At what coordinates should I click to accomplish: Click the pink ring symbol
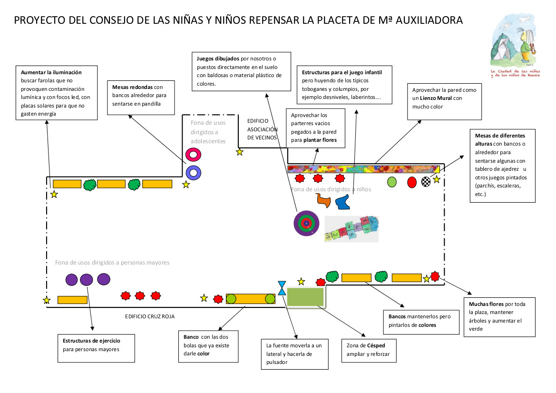coord(194,155)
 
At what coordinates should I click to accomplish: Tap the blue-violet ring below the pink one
coord(194,173)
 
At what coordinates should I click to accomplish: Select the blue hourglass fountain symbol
coord(282,288)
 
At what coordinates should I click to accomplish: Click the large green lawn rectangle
coord(305,297)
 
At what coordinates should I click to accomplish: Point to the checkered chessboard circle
coord(426,182)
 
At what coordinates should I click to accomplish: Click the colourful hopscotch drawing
coord(352,229)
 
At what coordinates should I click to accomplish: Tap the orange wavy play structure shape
coord(324,200)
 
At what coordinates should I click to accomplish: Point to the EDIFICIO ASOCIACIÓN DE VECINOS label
coord(262,129)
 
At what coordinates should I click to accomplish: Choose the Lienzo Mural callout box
coord(444,102)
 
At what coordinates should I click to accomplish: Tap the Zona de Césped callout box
coord(369,350)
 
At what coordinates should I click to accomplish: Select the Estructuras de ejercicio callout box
coord(95,345)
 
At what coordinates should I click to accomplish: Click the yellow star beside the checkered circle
coord(436,179)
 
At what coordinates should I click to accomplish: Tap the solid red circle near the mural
coord(412,182)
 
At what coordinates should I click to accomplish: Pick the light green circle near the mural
coord(392,181)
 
